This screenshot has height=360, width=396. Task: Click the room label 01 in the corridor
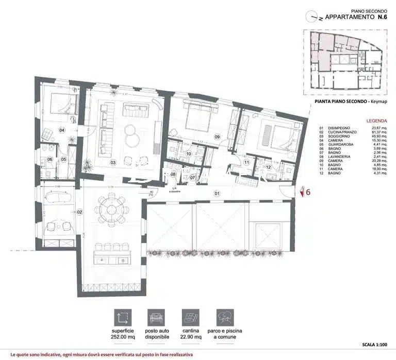[x=217, y=194]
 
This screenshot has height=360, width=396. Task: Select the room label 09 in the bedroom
[x=217, y=136]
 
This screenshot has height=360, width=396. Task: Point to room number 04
[x=61, y=130]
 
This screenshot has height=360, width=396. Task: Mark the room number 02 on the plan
[x=79, y=212]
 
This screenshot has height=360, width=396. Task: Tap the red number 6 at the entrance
[x=308, y=193]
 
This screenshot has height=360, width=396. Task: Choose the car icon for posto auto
[x=156, y=317]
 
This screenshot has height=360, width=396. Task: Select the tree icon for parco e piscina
[x=225, y=317]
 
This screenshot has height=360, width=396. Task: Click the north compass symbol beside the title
[x=312, y=16]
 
